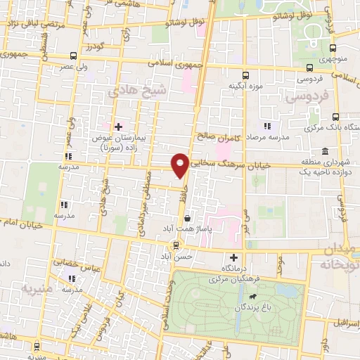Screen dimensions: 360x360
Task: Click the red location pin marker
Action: click(180, 165)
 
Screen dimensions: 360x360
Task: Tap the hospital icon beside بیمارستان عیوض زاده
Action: click(118, 126)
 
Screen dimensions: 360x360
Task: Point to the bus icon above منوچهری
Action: click(310, 68)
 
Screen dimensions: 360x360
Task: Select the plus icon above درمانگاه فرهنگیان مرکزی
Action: click(234, 257)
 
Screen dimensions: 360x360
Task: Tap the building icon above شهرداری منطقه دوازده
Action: click(324, 152)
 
